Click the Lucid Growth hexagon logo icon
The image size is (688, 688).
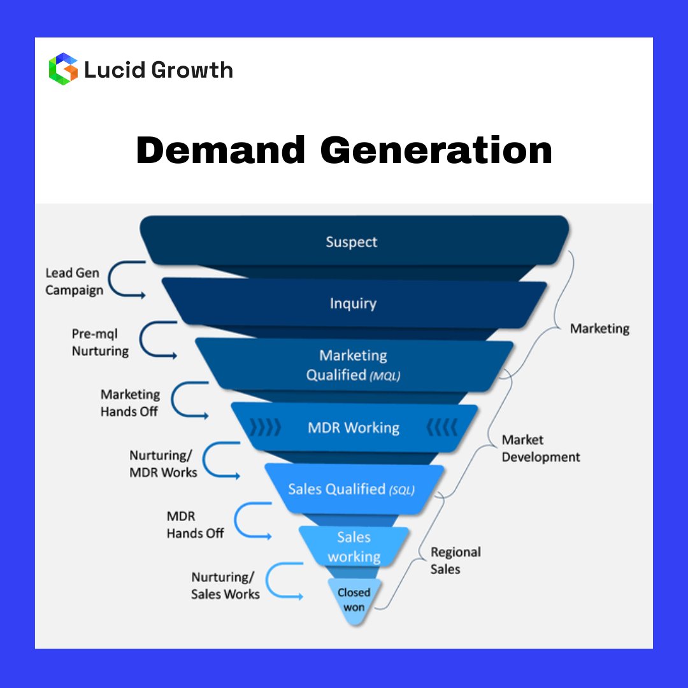pos(63,69)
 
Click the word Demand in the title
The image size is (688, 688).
pos(221,152)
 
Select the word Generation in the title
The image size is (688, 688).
pos(436,152)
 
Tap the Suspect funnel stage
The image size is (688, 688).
pos(352,242)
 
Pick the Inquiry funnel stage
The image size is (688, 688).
pos(353,304)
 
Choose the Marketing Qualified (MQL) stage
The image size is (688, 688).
pos(354,366)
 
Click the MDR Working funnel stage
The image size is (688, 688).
pos(354,427)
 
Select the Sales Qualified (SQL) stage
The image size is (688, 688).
pos(352,489)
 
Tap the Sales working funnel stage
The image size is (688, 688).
pos(354,547)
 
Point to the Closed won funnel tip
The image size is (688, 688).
pos(354,599)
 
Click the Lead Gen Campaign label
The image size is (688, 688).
pos(74,282)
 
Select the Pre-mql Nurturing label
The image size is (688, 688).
pos(99,343)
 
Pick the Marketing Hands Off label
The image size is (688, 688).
pos(130,403)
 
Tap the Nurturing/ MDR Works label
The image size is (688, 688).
pos(163,464)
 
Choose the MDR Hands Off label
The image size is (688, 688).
pos(195,525)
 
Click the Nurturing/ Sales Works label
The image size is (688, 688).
pos(226,585)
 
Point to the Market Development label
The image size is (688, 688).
pos(541,448)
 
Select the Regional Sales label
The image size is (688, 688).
pos(455,561)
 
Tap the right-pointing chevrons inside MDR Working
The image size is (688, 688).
pos(264,427)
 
